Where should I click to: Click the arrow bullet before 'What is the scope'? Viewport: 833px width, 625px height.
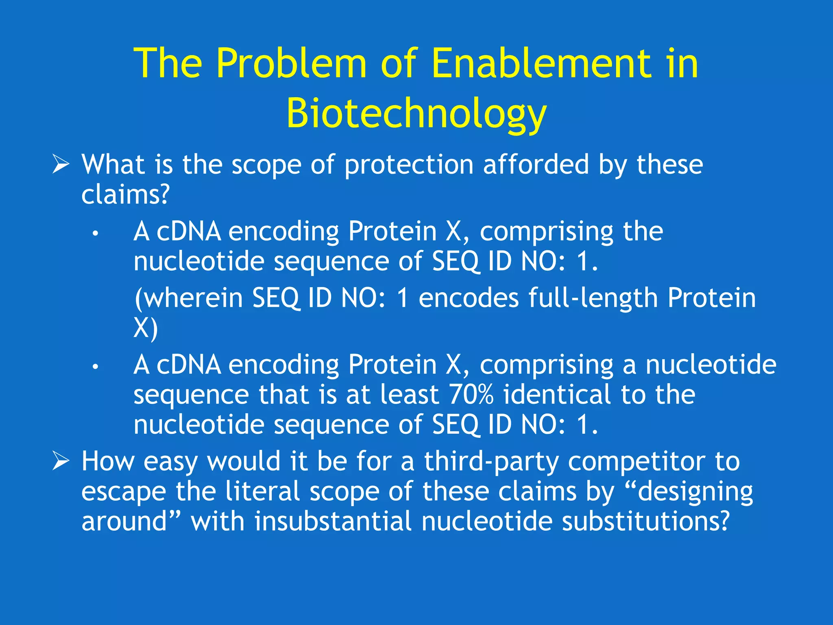61,165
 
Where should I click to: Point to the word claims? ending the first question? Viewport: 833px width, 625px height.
125,194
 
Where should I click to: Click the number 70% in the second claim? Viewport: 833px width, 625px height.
471,394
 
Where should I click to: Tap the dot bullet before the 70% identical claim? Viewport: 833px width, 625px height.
95,367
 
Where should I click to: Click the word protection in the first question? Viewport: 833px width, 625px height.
409,165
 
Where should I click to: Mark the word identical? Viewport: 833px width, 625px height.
557,394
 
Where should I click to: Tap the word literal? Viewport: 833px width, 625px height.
262,492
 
